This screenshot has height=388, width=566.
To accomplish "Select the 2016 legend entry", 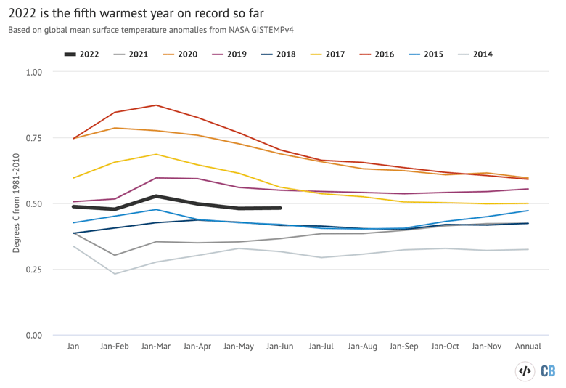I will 384,54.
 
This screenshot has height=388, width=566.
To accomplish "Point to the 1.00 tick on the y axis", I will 33,72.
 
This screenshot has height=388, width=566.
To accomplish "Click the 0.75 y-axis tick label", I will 33,138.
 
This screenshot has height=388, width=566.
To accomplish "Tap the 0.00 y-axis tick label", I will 33,335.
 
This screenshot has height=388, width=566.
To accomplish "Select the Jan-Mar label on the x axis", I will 156,347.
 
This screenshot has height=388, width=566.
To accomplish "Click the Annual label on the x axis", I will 528,347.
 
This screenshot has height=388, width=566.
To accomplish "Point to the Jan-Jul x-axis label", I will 321,347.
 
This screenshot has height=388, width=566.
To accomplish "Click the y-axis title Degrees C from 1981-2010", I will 16,203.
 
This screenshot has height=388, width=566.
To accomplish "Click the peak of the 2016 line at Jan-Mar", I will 156,105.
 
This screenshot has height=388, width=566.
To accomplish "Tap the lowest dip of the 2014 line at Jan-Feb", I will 115,274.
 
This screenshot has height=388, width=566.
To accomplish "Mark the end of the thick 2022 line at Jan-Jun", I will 280,208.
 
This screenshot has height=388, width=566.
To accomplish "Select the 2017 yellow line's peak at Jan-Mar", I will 156,154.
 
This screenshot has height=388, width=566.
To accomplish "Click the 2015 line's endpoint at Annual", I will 528,211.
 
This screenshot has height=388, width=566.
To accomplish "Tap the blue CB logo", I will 547,371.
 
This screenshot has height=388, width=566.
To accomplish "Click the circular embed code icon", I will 524,371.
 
